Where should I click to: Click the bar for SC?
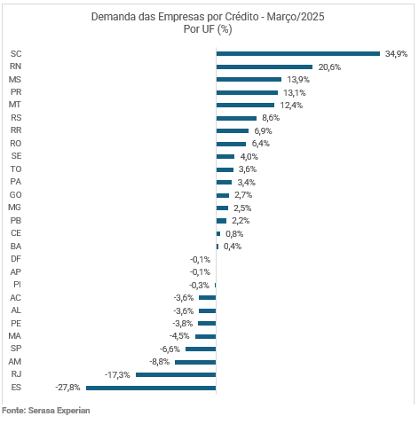(298, 53)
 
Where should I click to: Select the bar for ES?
(151, 388)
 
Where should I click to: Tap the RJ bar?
(176, 374)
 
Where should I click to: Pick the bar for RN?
(265, 67)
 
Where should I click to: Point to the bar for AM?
(195, 362)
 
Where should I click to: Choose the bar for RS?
(236, 118)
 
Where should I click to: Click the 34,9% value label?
(396, 54)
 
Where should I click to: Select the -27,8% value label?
(67, 388)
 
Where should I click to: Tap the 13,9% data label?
(298, 80)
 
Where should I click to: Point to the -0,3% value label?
(199, 286)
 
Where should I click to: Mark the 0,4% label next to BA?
(233, 247)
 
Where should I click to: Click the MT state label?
(15, 105)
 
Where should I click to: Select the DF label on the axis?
(16, 259)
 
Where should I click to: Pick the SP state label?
(16, 349)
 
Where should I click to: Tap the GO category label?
(16, 195)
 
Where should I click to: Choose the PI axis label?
(17, 285)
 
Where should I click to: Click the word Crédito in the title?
(241, 17)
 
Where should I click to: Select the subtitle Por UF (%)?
(208, 29)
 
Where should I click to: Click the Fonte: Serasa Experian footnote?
(46, 411)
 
